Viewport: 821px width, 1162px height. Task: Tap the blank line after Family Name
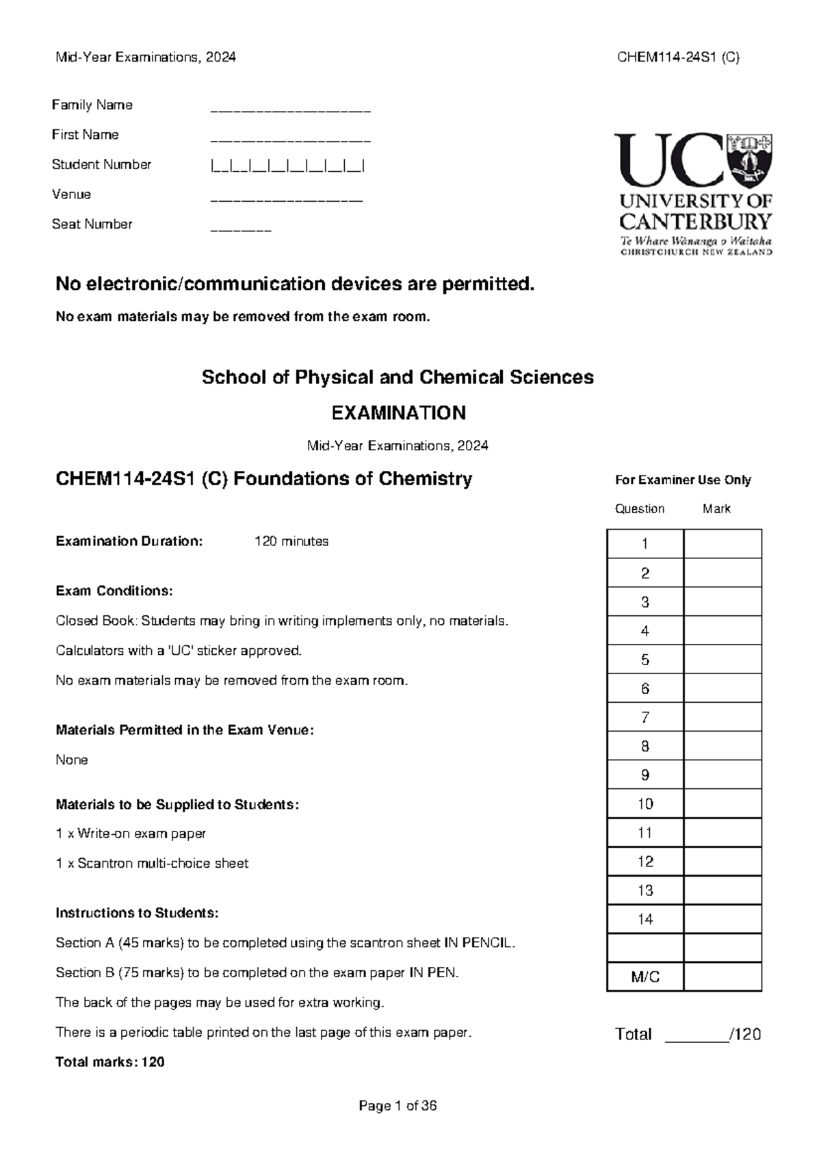tap(290, 109)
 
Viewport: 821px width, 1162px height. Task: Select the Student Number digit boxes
tap(287, 165)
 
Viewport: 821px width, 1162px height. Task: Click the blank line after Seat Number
tap(241, 229)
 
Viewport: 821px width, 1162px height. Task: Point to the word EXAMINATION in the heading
tap(398, 413)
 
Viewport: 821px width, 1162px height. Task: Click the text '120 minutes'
tap(291, 541)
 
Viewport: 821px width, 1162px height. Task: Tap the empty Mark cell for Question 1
tap(722, 544)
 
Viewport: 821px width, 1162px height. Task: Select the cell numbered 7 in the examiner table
tap(644, 717)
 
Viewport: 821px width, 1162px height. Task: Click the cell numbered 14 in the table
tap(644, 919)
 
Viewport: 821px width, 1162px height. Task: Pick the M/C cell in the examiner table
tap(644, 977)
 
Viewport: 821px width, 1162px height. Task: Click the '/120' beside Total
tap(746, 1034)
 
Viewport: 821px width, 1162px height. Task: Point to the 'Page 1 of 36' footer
tap(398, 1106)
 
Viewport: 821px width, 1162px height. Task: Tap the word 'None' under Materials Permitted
tap(72, 760)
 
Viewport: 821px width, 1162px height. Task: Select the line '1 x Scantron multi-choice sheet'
tap(152, 864)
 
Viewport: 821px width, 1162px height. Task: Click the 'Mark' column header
tap(716, 508)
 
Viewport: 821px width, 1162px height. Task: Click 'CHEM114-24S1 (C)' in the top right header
tap(678, 57)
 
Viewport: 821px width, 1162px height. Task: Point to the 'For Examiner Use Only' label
tap(683, 480)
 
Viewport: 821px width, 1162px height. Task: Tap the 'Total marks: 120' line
tap(110, 1062)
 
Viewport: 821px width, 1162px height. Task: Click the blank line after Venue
tap(286, 200)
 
